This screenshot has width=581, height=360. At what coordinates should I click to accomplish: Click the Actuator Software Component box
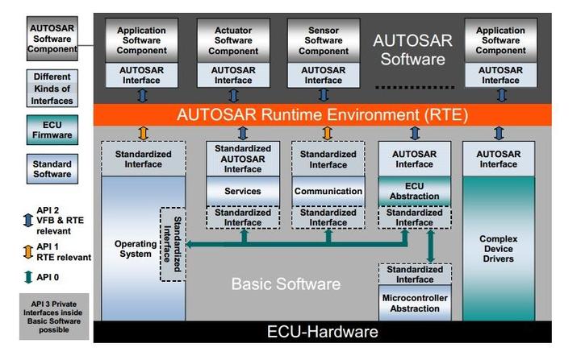pos(233,40)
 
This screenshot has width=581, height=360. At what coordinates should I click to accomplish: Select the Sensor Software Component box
pos(324,40)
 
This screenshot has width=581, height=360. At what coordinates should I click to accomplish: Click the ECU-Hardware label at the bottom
pos(322,332)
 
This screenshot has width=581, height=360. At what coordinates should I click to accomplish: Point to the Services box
pos(243,191)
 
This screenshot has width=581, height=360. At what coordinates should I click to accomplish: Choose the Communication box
pos(328,191)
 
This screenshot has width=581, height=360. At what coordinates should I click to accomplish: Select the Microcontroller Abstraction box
pos(414,302)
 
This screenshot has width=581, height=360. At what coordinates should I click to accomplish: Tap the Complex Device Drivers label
pos(500,250)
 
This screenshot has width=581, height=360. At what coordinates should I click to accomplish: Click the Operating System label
pos(130,249)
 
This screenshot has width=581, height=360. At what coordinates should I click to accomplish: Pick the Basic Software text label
pos(286,284)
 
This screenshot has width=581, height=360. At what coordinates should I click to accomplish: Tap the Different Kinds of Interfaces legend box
pos(52,89)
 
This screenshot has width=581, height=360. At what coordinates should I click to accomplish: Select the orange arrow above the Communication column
pos(327,133)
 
